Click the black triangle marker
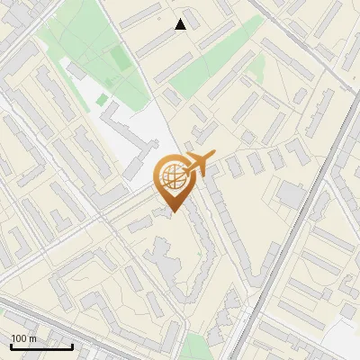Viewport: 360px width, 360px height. click(181, 24)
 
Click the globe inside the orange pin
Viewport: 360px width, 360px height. click(171, 176)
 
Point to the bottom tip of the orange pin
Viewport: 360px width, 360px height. click(172, 211)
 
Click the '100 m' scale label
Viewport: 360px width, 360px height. click(23, 338)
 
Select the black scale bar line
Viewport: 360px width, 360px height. click(41, 346)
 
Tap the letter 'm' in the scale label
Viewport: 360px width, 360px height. click(32, 338)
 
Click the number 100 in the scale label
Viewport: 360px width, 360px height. click(19, 338)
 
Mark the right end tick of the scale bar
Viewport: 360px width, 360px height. click(72, 345)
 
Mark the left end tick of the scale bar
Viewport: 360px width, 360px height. click(11, 345)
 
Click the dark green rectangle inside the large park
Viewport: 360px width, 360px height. click(120, 59)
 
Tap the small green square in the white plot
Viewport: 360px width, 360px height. click(103, 99)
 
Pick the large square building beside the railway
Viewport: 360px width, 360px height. click(291, 193)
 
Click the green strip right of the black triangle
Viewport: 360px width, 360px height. click(216, 72)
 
